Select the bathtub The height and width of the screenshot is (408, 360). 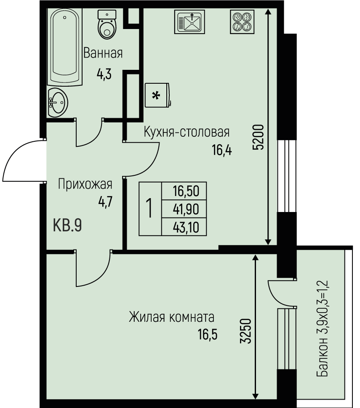(x=64, y=47)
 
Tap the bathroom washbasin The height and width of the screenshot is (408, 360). (x=58, y=103)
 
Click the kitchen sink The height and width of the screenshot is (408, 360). (x=189, y=22)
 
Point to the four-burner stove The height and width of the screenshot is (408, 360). (x=242, y=22)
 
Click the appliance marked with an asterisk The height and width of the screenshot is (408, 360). (x=158, y=95)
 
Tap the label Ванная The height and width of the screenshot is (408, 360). (x=103, y=53)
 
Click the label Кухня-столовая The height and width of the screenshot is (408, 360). (x=187, y=132)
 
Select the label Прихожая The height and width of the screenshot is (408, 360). (x=85, y=184)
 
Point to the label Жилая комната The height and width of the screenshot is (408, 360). (x=172, y=317)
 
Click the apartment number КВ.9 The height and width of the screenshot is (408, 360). (x=67, y=225)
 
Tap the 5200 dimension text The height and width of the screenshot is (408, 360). (x=259, y=137)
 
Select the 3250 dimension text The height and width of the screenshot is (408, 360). (x=245, y=331)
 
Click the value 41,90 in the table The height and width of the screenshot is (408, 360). (x=186, y=209)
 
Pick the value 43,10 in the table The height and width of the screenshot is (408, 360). (x=186, y=228)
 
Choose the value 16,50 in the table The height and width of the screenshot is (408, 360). (x=186, y=191)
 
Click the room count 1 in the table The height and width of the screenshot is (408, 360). (x=149, y=208)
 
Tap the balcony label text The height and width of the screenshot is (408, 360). (x=322, y=329)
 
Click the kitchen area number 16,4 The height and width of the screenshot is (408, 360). (x=221, y=150)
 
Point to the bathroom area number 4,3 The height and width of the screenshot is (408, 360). (x=104, y=74)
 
